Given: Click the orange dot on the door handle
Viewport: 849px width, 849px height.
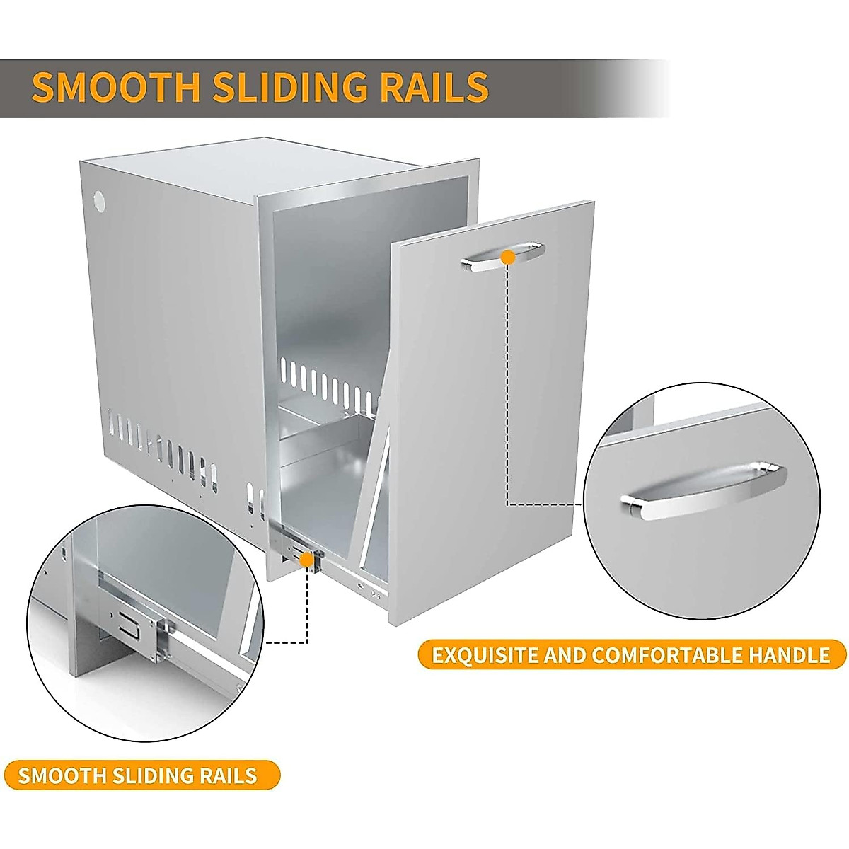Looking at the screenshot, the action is (507, 258).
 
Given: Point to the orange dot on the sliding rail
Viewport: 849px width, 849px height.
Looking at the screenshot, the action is (307, 560).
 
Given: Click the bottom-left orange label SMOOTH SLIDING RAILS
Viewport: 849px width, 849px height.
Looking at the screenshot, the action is (137, 775).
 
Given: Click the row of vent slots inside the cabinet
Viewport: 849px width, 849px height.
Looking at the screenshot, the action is (325, 382).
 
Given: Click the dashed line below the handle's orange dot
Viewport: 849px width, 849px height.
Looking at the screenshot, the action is (508, 382).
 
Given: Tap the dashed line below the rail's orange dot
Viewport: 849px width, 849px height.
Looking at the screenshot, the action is (307, 608).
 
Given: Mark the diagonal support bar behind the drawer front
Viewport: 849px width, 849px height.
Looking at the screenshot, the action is (379, 481).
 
